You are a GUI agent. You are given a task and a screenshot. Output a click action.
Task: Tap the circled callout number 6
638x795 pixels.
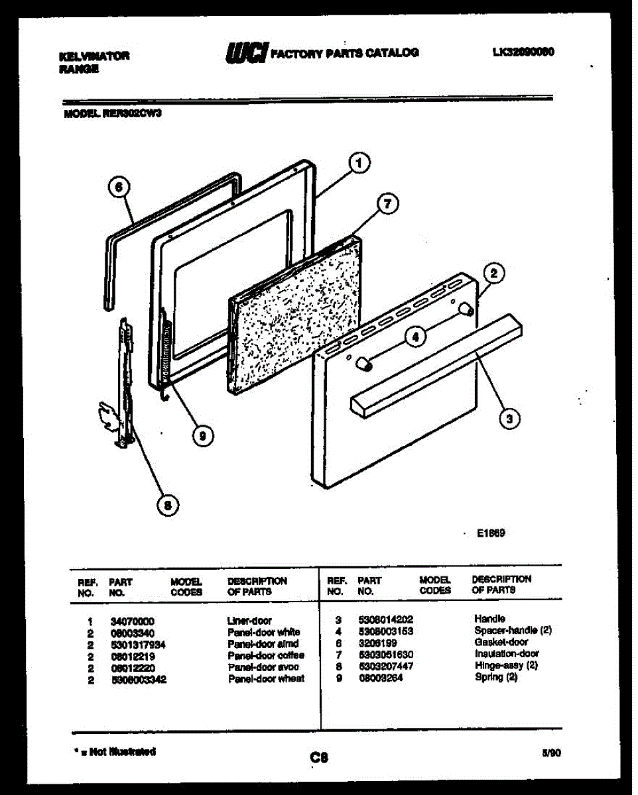tap(118, 187)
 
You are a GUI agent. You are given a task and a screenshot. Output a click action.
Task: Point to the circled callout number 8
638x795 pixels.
tap(167, 506)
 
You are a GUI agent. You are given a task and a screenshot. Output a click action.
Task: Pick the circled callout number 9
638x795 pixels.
tap(202, 435)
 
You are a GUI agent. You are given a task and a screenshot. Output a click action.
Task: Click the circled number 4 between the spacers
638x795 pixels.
tap(415, 337)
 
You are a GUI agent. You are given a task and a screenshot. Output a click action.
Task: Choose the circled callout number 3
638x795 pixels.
tap(509, 418)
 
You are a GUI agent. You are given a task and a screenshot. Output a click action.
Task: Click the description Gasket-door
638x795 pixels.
tap(501, 642)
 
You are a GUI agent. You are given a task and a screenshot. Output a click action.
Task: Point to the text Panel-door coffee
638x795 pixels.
tap(265, 655)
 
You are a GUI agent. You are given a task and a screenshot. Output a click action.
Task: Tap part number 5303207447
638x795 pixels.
tap(385, 665)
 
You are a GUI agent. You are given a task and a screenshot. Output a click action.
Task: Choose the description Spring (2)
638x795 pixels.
tap(496, 677)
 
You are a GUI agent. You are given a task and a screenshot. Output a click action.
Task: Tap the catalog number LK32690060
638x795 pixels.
tap(523, 52)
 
